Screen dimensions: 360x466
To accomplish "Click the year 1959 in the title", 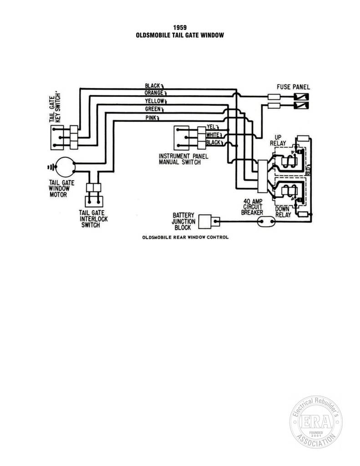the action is point(180,28).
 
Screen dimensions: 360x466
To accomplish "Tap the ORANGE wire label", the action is point(154,93).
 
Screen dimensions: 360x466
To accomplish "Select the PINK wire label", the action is point(151,118).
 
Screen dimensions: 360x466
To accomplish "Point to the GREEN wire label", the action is point(152,109).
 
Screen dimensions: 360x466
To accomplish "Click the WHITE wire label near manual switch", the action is point(212,135).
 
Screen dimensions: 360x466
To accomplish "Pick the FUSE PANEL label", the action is point(293,87).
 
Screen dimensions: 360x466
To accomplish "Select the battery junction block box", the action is point(205,221).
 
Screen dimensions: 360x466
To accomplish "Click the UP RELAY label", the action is point(278,140).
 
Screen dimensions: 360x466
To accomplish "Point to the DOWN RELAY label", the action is point(283,212).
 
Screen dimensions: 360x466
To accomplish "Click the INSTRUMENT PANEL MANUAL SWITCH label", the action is point(183,159).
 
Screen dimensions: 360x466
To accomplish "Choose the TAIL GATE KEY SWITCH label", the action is point(55,108).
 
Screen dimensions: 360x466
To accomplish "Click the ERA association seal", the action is point(316,422).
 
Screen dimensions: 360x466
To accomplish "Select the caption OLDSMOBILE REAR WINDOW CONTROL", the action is point(186,237).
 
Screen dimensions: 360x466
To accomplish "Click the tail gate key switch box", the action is point(57,137).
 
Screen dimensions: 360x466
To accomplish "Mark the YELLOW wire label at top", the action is point(154,101).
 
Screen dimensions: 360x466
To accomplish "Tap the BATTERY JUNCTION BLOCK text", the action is point(183,221).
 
